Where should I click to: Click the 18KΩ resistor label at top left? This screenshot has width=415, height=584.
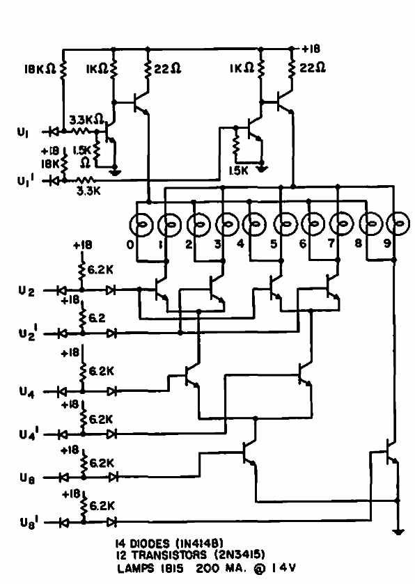point(40,69)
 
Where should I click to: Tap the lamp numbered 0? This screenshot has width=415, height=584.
point(141,225)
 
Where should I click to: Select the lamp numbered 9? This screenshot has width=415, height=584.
point(398,224)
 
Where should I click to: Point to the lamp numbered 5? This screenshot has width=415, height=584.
point(285,224)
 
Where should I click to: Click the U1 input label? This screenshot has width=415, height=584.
point(23,132)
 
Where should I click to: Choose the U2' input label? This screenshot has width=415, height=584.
point(27,333)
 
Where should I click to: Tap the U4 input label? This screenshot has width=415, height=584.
point(27,392)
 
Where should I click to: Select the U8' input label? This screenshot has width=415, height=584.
point(29,522)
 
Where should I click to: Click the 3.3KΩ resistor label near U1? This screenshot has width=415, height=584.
point(86,120)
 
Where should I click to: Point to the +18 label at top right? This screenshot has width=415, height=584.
point(311,49)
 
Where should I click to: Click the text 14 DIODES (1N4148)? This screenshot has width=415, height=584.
point(169,544)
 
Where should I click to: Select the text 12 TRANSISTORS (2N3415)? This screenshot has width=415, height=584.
point(190,555)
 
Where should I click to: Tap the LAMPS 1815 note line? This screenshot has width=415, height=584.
point(206,569)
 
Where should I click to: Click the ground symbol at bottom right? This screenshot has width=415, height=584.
point(398,532)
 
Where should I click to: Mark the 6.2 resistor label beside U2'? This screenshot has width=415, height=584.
point(97,317)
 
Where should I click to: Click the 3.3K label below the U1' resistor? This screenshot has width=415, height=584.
point(88,191)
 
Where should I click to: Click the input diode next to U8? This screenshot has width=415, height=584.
point(63,477)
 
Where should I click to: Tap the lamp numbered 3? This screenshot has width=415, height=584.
point(227,225)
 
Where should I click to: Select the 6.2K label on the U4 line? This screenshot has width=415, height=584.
point(101,371)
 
